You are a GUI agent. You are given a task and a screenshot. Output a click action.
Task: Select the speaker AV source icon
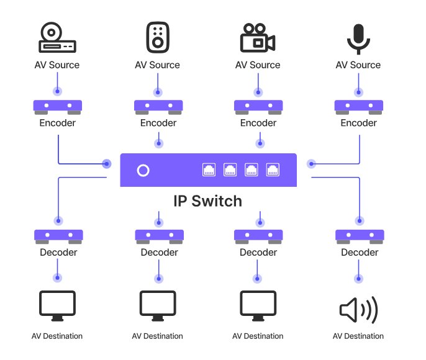tap(158, 37)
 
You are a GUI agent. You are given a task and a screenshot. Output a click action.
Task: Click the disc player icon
tap(57, 38)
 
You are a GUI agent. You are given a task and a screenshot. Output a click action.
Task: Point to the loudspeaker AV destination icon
tap(359, 309)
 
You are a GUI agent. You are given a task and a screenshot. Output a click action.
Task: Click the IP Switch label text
tap(207, 201)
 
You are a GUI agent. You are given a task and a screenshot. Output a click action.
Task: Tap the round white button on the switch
tap(143, 170)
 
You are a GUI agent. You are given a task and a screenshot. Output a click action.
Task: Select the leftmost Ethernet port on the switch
tap(209, 169)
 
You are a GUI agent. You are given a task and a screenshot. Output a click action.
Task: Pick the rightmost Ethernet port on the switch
tap(273, 169)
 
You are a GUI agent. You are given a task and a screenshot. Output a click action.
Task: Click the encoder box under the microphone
tap(359, 107)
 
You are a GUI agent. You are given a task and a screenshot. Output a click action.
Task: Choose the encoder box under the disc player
tap(57, 107)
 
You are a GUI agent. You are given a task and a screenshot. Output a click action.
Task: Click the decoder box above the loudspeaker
tap(359, 236)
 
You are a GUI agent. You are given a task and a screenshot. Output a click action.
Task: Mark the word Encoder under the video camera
tap(258, 123)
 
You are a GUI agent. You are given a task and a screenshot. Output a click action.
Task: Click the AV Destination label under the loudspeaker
tap(358, 336)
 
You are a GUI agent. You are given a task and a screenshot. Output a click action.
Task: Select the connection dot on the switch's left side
tap(107, 164)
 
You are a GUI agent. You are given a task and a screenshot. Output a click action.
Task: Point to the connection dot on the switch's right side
tap(311, 164)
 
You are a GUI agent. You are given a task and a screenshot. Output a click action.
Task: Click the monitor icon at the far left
tap(57, 306)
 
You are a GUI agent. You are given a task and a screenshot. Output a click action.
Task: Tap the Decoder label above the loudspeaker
tap(360, 253)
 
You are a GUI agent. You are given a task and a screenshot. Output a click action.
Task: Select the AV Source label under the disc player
tap(57, 65)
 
